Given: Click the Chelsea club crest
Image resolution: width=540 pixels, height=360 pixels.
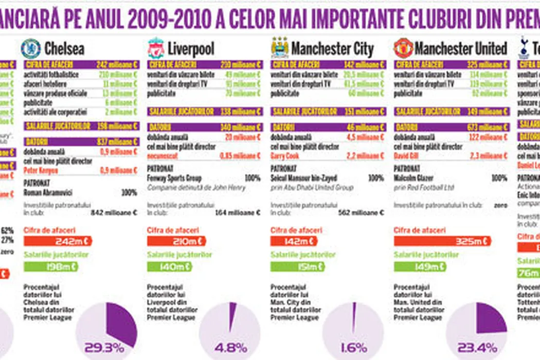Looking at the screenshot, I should [31, 48].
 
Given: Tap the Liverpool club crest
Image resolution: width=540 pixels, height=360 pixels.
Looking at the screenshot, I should [155, 48].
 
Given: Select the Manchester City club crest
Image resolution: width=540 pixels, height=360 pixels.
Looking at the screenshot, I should [280, 48].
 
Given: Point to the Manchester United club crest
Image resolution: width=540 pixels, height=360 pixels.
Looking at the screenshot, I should [403, 48].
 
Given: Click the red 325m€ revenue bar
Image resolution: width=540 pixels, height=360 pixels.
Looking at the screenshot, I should [442, 241].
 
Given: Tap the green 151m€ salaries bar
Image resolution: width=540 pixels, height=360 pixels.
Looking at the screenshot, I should [297, 266].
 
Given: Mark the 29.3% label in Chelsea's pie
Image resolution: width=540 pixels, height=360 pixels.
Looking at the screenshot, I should [106, 348].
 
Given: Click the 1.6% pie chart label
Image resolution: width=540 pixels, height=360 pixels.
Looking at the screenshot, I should [353, 348].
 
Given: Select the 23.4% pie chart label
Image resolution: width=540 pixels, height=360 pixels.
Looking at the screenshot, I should [477, 348].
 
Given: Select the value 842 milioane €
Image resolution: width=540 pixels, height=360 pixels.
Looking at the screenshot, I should [114, 212].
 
